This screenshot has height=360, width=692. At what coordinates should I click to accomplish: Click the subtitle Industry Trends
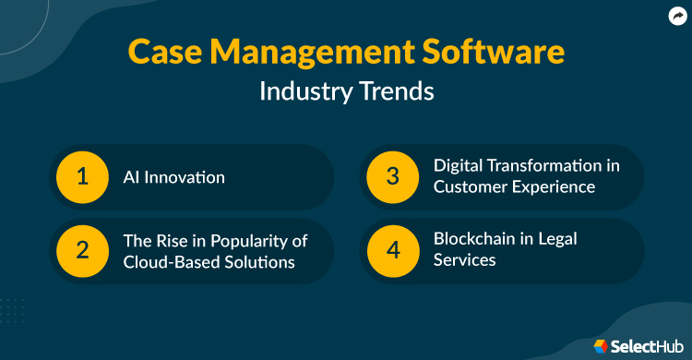[345, 92]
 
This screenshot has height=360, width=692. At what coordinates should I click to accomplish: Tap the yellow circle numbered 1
[82, 176]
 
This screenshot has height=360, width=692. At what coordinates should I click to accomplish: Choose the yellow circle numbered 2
[82, 251]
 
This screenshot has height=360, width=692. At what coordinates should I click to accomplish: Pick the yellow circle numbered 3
[393, 176]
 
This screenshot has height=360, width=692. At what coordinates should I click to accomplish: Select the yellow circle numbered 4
[393, 251]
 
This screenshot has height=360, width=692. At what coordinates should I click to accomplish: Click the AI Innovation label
[173, 176]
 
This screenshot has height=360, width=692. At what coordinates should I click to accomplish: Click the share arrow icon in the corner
[676, 15]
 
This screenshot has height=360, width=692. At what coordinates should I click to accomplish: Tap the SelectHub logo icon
[601, 345]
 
